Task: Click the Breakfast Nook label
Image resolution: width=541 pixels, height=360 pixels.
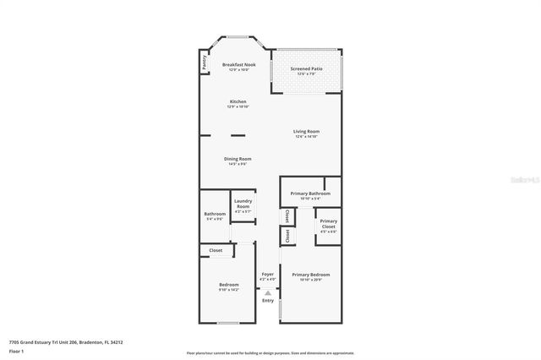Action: point(238,65)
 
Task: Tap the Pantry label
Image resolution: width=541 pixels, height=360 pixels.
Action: point(205,63)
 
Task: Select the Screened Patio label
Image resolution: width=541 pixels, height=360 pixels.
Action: point(306,68)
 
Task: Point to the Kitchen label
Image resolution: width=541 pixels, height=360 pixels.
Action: point(238,101)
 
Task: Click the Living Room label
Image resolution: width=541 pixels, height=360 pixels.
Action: point(306,131)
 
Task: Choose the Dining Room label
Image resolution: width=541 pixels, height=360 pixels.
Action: point(238,159)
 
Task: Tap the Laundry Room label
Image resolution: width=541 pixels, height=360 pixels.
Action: point(243,204)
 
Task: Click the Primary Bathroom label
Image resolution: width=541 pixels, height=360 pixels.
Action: point(310,194)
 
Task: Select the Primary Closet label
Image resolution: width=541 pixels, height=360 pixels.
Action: point(328,224)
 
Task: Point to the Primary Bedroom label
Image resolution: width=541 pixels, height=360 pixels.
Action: point(310,275)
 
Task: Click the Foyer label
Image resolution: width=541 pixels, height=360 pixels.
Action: point(267,275)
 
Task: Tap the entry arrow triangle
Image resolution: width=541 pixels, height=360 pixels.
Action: point(268,292)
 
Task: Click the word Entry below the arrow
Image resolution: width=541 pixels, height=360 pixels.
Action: point(268,301)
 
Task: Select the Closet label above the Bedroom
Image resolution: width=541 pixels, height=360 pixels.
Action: point(216,250)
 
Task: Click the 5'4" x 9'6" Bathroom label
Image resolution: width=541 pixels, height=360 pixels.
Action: point(215,215)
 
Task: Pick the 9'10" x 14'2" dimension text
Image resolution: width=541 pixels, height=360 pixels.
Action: point(229,290)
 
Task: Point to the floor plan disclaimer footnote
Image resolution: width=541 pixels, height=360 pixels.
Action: point(270,352)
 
